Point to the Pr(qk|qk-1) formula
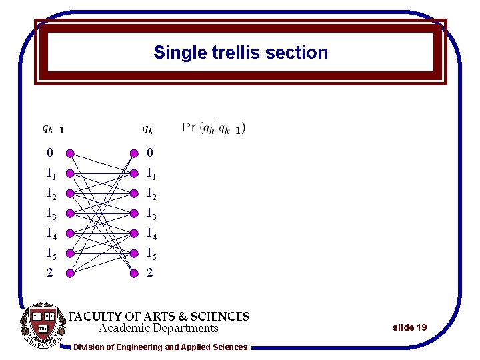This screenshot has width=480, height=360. pyautogui.click(x=213, y=127)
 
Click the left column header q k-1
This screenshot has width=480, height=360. pyautogui.click(x=53, y=129)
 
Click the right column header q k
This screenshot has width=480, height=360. pyautogui.click(x=149, y=128)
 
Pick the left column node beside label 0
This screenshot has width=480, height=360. pyautogui.click(x=70, y=153)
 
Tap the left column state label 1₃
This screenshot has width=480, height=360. pyautogui.click(x=51, y=213)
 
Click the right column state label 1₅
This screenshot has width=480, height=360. pyautogui.click(x=153, y=253)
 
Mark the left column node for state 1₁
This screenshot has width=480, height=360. pyautogui.click(x=70, y=173)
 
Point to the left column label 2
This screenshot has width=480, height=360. pyautogui.click(x=49, y=272)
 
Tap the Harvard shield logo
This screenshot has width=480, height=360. pyautogui.click(x=42, y=325)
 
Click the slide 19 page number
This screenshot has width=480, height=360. pyautogui.click(x=409, y=327)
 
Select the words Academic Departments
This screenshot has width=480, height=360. pyautogui.click(x=159, y=328)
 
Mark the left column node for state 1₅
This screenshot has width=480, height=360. pyautogui.click(x=70, y=253)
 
